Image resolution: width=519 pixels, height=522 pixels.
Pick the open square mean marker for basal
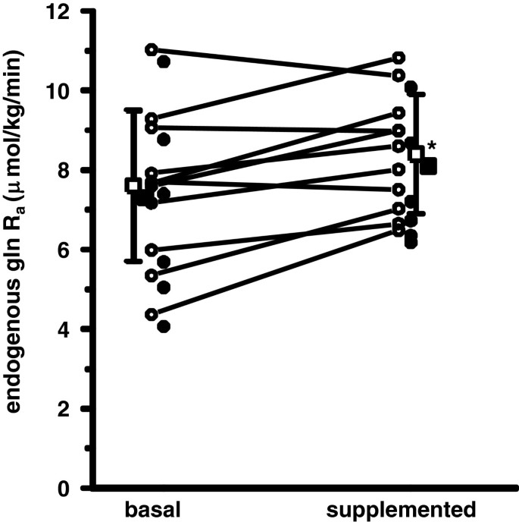(134, 185)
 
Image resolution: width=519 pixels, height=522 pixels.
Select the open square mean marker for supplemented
(415, 154)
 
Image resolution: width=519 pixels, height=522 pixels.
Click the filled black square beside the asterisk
(429, 165)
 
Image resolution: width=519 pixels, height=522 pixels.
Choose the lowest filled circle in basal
(164, 327)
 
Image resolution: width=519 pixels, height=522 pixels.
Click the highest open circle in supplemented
(399, 58)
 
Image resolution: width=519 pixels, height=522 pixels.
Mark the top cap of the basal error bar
(134, 110)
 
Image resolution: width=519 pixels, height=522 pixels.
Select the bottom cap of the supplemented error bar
(415, 214)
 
